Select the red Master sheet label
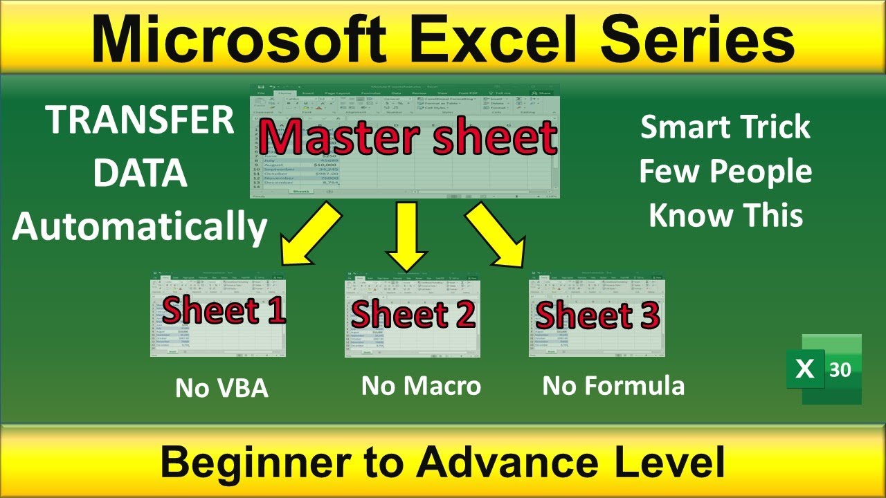408,138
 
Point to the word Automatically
140,226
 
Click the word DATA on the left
141,174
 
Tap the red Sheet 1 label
224,311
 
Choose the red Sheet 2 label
413,314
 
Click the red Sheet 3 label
597,315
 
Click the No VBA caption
221,388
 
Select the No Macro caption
421,386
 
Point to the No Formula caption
613,386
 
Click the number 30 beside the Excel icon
840,370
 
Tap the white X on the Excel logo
805,369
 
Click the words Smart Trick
725,128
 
